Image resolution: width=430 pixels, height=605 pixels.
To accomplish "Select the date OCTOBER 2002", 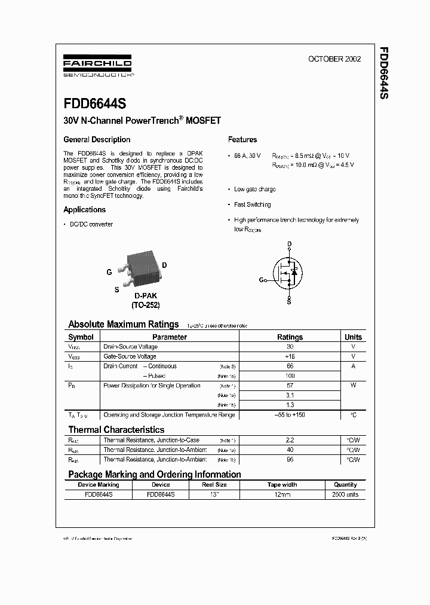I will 334,59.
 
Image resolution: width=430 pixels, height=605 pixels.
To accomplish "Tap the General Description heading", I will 97,140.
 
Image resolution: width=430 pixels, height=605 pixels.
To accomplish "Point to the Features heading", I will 242,140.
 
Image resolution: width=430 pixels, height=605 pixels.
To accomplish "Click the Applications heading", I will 85,210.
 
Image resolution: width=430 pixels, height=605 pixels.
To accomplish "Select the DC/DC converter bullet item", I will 91,224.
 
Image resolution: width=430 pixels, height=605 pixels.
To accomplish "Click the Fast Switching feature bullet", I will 252,204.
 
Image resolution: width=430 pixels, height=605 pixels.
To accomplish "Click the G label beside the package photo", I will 109,272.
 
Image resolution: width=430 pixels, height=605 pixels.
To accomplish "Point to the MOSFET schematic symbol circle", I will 289,271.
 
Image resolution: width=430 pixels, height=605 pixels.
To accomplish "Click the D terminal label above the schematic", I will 290,244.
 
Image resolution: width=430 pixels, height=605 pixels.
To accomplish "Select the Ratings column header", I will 290,337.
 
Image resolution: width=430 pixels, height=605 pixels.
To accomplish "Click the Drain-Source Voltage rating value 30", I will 290,347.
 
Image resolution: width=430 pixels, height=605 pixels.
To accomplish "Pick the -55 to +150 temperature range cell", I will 290,415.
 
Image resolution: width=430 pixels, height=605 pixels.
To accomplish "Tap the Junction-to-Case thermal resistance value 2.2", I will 290,440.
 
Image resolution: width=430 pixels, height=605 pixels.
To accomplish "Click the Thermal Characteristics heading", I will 116,430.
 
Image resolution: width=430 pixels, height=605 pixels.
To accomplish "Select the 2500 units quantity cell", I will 345,495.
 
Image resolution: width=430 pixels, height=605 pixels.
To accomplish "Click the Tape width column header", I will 282,485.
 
